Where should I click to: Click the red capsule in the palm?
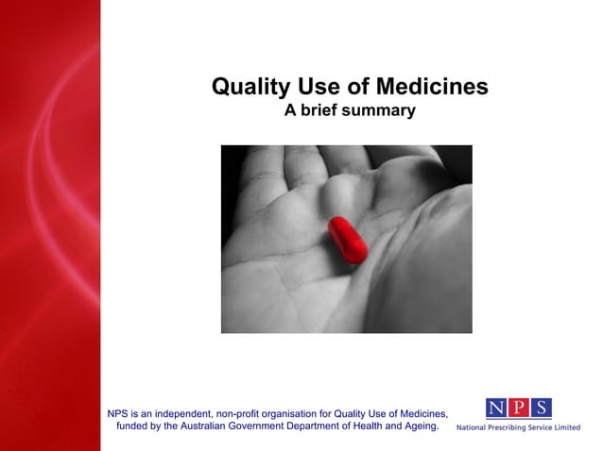(x=348, y=240)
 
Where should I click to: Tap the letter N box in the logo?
(x=497, y=408)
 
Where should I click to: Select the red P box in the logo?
(x=518, y=408)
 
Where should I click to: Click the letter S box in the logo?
(x=540, y=408)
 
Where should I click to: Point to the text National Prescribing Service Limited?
(x=519, y=427)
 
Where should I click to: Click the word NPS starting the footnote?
(x=118, y=413)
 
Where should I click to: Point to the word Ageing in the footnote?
(x=420, y=426)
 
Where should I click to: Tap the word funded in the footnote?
(x=134, y=426)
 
